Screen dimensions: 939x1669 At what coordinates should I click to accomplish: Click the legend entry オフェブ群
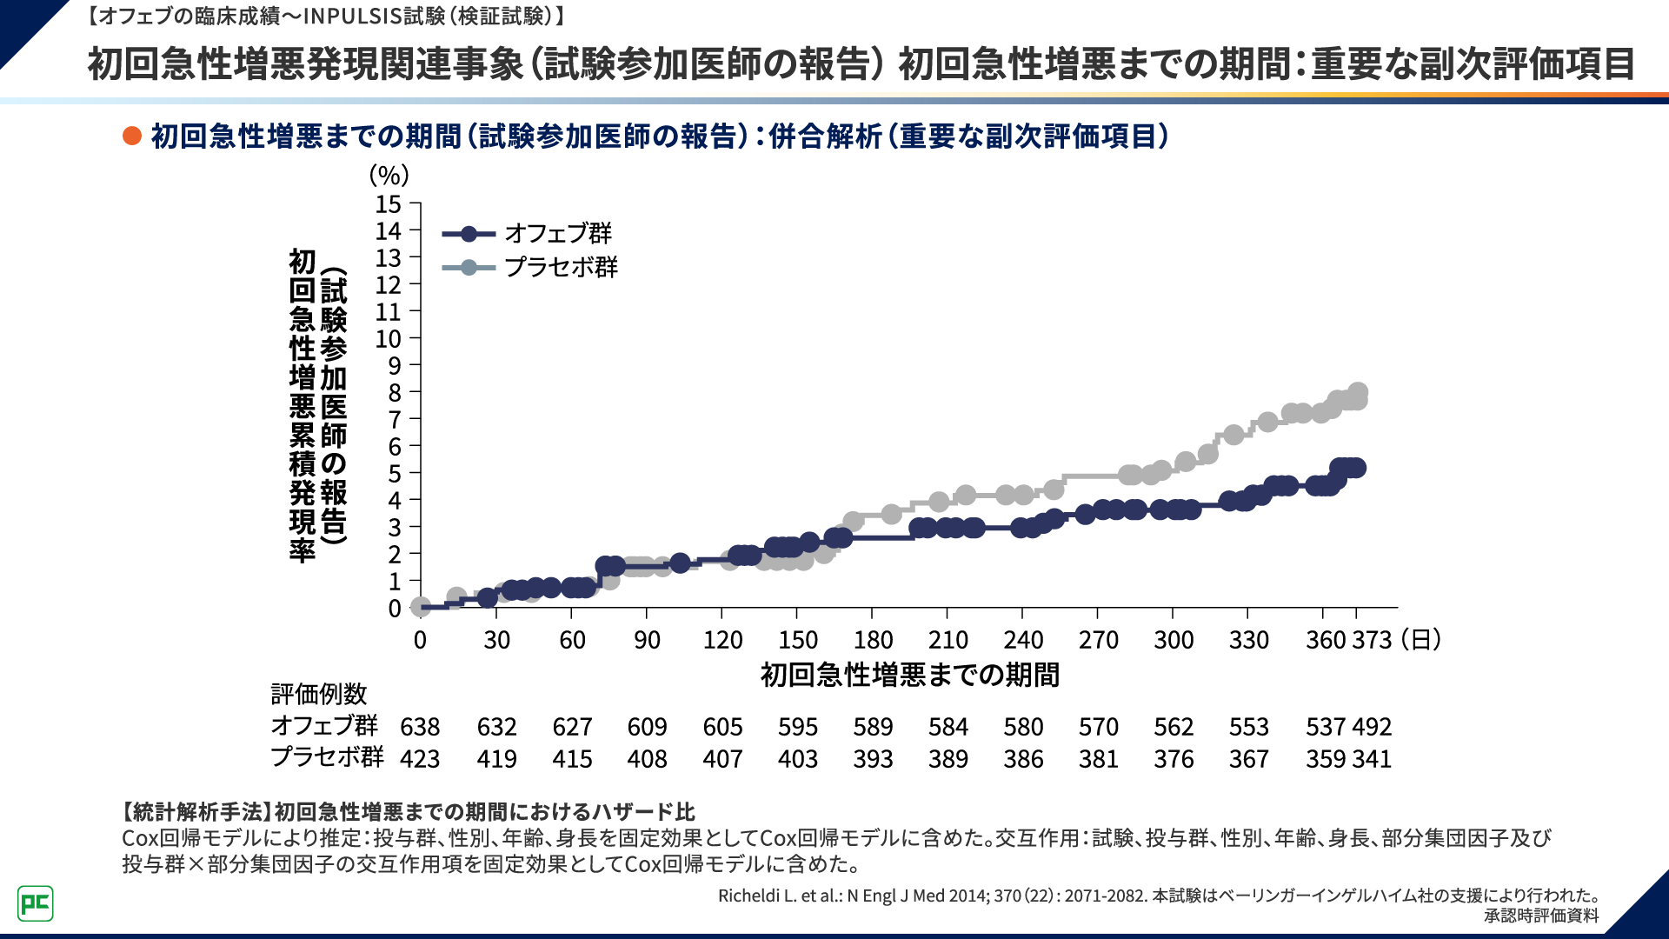click(x=558, y=233)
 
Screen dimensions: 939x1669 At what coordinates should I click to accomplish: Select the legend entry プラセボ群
click(x=561, y=267)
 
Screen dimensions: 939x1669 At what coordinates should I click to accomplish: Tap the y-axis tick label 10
click(x=388, y=339)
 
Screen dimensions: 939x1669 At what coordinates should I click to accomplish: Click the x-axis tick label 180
click(x=873, y=640)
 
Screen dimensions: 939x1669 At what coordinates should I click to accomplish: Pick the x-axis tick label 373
click(x=1373, y=640)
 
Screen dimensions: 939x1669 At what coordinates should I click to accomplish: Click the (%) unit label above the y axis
click(x=389, y=175)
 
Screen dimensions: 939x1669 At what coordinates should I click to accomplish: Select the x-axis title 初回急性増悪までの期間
click(x=909, y=675)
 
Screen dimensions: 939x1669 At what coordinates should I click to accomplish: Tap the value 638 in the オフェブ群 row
click(x=420, y=727)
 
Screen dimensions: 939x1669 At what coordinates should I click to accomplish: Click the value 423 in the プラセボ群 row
click(x=420, y=759)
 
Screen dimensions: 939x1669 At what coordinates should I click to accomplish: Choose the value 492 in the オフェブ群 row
click(x=1373, y=727)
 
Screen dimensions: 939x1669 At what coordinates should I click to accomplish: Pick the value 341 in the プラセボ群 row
click(x=1373, y=759)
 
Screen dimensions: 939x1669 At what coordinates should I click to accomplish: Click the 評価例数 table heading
click(x=319, y=694)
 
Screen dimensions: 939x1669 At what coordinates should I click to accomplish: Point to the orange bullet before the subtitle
click(x=132, y=136)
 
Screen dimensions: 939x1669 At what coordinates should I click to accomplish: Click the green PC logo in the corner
click(x=36, y=903)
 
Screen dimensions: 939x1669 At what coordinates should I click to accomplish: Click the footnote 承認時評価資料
click(x=1540, y=916)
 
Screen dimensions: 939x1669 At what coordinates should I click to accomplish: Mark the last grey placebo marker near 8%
click(x=1357, y=393)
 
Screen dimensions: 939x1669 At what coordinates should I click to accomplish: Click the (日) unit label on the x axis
click(x=1420, y=640)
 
